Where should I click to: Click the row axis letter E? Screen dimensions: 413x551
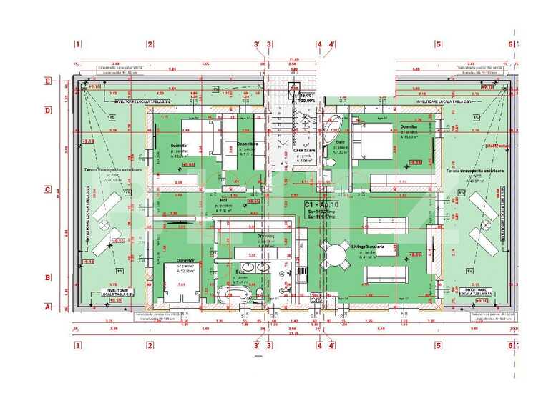coord(47,81)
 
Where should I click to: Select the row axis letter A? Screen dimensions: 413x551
coord(47,308)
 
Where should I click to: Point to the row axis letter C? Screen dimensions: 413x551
coord(47,189)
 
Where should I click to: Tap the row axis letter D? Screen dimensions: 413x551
coord(47,110)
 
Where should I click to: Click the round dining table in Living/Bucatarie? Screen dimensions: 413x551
coord(333,254)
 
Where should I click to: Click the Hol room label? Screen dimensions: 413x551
coord(223,201)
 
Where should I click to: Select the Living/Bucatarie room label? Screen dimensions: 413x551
coord(372,247)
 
